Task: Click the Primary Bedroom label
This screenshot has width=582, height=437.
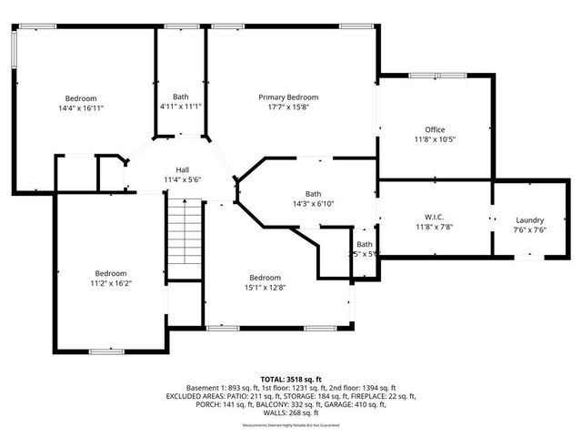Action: click(288, 97)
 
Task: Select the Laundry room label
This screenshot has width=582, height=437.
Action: click(529, 220)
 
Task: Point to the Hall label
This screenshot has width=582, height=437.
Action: click(182, 169)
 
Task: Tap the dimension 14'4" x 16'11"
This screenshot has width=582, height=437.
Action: click(81, 108)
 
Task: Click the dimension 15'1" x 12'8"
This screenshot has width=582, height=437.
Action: click(266, 288)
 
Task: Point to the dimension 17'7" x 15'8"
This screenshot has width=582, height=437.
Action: click(288, 107)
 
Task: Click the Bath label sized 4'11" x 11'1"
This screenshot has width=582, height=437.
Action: click(180, 97)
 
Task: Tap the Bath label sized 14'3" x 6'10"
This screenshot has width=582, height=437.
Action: click(313, 193)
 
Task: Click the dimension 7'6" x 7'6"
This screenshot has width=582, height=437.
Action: click(529, 230)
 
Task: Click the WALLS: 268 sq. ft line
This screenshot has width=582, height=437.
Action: click(290, 414)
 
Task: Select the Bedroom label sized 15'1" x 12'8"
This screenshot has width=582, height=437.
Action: click(266, 278)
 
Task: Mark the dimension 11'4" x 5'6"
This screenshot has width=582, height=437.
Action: click(182, 179)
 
